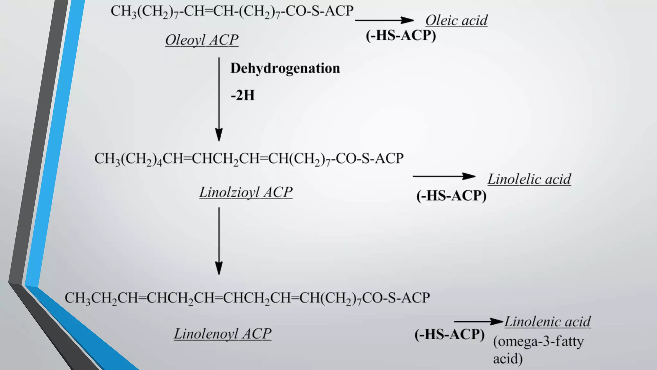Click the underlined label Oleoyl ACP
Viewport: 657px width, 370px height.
point(202,40)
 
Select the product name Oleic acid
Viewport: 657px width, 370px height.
point(456,21)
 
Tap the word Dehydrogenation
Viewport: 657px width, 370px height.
point(285,68)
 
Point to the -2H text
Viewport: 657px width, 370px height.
point(243,95)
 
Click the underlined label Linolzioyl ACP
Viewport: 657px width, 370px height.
point(246,192)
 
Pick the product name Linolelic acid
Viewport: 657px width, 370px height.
point(529,179)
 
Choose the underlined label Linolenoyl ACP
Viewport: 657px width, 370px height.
point(223,334)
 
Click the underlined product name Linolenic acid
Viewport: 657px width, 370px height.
point(547,322)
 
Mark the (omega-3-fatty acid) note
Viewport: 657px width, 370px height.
point(538,350)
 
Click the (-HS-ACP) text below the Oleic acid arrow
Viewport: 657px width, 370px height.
point(401,35)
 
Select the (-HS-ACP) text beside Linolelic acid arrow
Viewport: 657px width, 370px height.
point(451,196)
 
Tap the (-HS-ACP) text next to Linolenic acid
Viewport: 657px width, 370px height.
point(449,334)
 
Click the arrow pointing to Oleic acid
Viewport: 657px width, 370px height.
point(384,20)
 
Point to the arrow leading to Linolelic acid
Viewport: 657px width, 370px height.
point(444,176)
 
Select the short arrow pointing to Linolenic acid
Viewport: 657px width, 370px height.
point(478,321)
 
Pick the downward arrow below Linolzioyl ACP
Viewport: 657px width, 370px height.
point(219,241)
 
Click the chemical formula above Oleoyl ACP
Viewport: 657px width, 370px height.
point(232,11)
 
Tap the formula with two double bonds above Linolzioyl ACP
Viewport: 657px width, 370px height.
point(249,159)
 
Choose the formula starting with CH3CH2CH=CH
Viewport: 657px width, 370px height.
point(247,298)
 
